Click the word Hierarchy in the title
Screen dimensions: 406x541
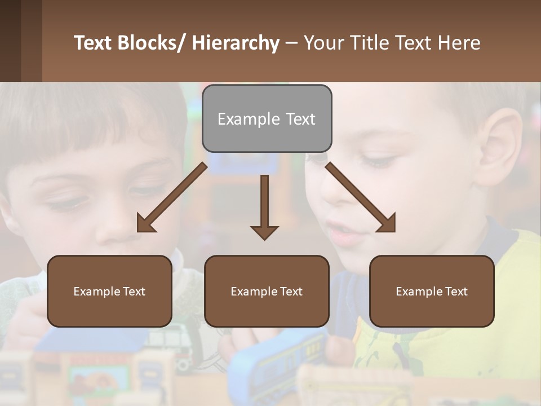click(236, 43)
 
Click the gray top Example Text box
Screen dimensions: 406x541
click(267, 118)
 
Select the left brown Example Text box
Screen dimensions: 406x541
click(109, 292)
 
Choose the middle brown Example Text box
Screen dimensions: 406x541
click(267, 292)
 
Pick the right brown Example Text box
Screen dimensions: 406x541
click(432, 292)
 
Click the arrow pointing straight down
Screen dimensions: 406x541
click(264, 209)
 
